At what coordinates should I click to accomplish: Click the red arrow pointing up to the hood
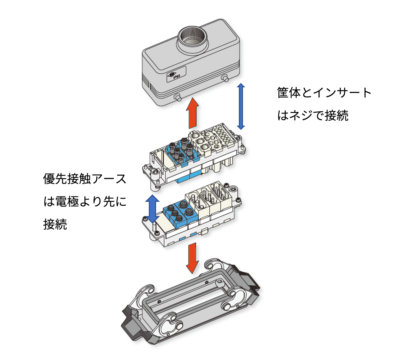click(192, 113)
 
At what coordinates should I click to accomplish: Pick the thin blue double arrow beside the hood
click(241, 106)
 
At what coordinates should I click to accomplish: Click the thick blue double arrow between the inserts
click(152, 208)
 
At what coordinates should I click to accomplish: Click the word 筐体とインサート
click(324, 93)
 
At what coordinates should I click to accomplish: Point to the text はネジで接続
click(313, 115)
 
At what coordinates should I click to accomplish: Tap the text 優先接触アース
click(85, 179)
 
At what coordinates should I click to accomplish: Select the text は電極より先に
click(85, 201)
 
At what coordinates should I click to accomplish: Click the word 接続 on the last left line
click(55, 224)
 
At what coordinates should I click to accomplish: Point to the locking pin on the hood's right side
click(225, 78)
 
